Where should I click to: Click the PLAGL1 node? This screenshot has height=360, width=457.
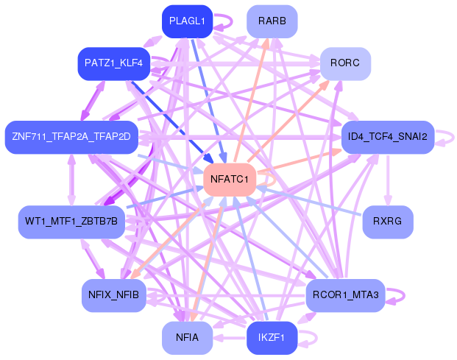187,22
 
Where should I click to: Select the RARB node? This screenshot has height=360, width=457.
272,22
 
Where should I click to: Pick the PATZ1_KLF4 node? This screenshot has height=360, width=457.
114,64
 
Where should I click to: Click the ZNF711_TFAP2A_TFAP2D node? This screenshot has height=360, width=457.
71,137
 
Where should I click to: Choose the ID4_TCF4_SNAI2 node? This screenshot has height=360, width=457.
387,137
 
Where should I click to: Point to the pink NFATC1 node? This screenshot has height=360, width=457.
229,179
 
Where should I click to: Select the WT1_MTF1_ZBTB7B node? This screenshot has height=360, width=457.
71,221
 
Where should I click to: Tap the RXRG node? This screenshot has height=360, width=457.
387,221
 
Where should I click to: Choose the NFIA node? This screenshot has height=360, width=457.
187,337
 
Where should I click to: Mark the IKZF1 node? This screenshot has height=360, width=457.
272,337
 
